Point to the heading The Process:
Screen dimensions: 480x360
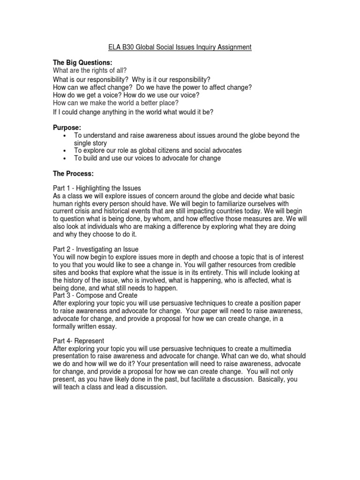[74, 174]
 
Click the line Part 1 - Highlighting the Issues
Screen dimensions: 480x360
[97, 188]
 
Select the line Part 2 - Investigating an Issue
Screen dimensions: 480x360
[96, 249]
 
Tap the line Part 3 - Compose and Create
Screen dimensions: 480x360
[95, 296]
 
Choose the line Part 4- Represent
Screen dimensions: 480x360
[78, 341]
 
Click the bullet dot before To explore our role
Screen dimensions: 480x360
[64, 151]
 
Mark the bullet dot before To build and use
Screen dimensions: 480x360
[64, 158]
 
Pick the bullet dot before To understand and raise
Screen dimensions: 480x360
[64, 136]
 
